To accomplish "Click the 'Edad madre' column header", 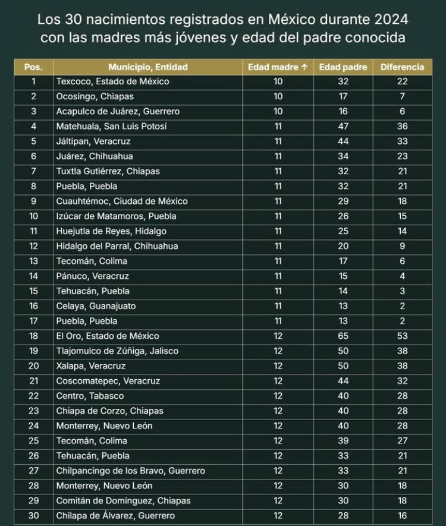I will click(x=278, y=67).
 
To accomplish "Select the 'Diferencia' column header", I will click(x=402, y=67).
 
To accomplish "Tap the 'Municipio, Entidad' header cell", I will click(x=147, y=67).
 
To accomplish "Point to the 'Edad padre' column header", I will click(x=343, y=67).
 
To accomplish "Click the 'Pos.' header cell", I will click(x=33, y=67).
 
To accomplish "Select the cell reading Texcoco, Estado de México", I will click(x=112, y=81).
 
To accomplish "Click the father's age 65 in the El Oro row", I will click(x=343, y=336).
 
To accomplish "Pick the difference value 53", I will click(x=403, y=336).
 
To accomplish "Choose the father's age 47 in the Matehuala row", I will click(x=343, y=126).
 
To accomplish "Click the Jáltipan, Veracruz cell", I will click(x=93, y=141).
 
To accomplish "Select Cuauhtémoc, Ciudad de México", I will click(x=121, y=201).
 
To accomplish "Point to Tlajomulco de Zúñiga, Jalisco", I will click(x=117, y=351).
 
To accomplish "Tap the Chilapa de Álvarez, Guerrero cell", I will click(x=115, y=516).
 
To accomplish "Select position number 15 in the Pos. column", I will click(x=33, y=291).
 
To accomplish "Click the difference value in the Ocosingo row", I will click(x=403, y=96).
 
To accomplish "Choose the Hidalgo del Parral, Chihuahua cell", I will click(x=117, y=246).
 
